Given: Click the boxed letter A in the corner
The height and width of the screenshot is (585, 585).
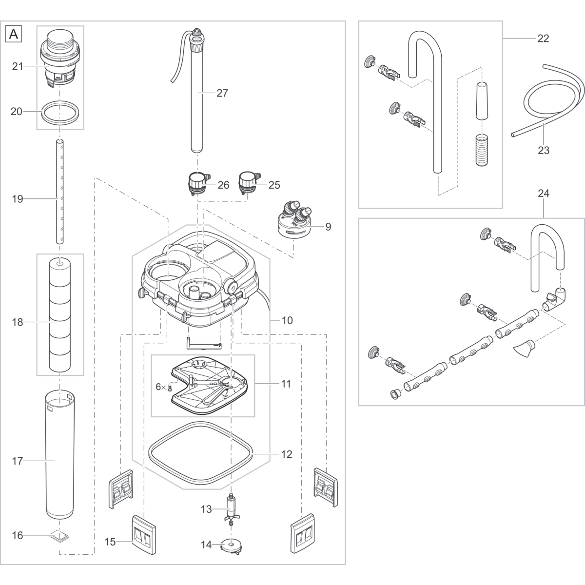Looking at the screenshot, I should point(14,34).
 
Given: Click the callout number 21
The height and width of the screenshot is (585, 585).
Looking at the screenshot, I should point(18,66).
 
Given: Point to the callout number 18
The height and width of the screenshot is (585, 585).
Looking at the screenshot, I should point(18,322).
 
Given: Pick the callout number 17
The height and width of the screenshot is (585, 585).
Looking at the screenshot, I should point(18,461).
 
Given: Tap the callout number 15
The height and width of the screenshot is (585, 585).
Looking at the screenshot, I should point(111,542).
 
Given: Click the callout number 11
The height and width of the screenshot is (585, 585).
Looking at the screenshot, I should point(286,384).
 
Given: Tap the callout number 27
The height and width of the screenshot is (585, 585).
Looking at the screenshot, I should point(222,93).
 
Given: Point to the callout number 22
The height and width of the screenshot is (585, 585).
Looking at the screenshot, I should point(543,39).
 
